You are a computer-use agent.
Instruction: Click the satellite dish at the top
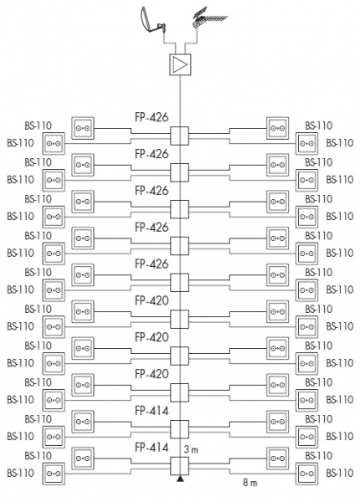[x=151, y=21]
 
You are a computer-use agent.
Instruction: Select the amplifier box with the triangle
[x=180, y=64]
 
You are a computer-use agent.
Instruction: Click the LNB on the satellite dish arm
[x=161, y=28]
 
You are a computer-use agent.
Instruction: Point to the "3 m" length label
[x=191, y=450]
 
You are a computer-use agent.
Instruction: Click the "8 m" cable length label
[x=249, y=483]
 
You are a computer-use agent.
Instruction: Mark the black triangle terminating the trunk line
[x=180, y=479]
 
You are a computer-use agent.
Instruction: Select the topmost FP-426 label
[x=152, y=117]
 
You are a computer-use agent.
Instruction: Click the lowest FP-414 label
[x=152, y=448]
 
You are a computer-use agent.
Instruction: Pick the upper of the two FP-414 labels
[x=152, y=411]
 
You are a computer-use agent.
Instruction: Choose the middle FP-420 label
[x=152, y=337]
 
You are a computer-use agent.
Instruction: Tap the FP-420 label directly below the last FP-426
[x=152, y=300]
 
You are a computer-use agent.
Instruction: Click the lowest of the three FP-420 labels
[x=152, y=374]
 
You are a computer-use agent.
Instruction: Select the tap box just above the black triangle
[x=180, y=466]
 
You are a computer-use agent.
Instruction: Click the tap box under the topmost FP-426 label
[x=180, y=136]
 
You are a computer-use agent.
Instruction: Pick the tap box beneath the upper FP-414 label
[x=180, y=429]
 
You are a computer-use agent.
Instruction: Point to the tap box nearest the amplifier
[x=180, y=136]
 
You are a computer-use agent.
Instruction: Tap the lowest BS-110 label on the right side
[x=340, y=474]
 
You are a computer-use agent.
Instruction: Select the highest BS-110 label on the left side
[x=39, y=125]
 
